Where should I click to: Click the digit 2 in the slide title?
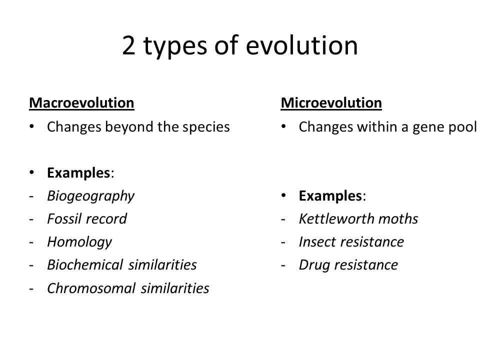[128, 45]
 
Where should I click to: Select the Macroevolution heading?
[81, 103]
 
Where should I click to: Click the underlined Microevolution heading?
[331, 103]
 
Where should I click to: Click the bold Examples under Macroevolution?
[78, 173]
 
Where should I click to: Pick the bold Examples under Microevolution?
[330, 196]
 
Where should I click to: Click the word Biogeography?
[91, 196]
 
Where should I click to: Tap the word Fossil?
[64, 219]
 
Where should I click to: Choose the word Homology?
[79, 242]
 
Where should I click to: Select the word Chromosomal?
[91, 288]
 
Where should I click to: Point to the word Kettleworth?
[336, 219]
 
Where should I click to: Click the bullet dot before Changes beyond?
[31, 126]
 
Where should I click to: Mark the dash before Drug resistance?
[283, 265]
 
